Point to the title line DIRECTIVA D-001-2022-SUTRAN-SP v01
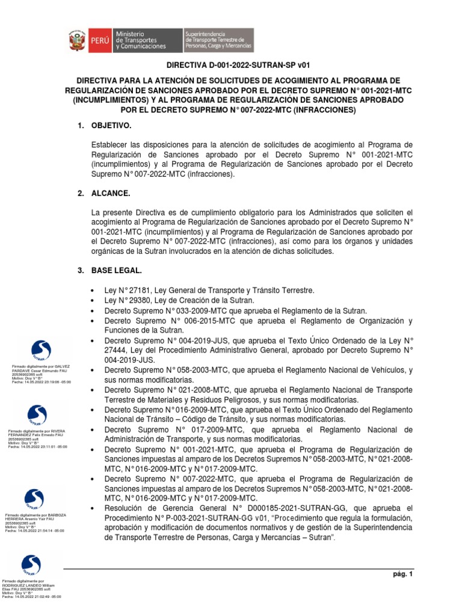click(x=238, y=65)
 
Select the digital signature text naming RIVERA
click(x=36, y=439)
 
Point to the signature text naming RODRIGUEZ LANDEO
click(x=31, y=589)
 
